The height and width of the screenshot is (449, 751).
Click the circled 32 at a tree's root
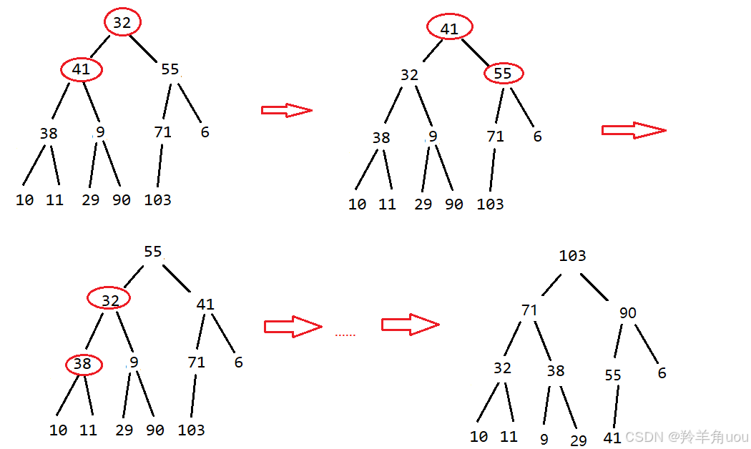(x=122, y=23)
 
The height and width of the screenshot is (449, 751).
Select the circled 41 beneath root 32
(x=82, y=69)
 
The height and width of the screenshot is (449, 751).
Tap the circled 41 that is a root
(x=449, y=29)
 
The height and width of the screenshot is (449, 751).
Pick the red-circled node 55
(x=504, y=73)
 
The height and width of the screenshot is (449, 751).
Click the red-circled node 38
(x=83, y=365)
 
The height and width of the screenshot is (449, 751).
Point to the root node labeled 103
(x=572, y=256)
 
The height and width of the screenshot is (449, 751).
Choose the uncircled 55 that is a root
(x=153, y=252)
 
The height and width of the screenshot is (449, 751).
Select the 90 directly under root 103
(x=627, y=313)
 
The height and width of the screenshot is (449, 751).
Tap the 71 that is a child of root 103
(x=529, y=310)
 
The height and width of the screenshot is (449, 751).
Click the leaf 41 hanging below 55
(x=612, y=438)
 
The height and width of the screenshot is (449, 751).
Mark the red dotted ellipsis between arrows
(x=345, y=335)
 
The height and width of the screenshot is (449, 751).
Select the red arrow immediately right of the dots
(x=410, y=324)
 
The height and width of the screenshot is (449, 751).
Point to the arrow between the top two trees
(x=287, y=110)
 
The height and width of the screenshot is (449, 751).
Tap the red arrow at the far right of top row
(x=634, y=130)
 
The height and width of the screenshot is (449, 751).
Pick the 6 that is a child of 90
(x=662, y=373)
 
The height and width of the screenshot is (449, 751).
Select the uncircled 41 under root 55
(x=205, y=305)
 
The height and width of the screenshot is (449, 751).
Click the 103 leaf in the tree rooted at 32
(x=157, y=200)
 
